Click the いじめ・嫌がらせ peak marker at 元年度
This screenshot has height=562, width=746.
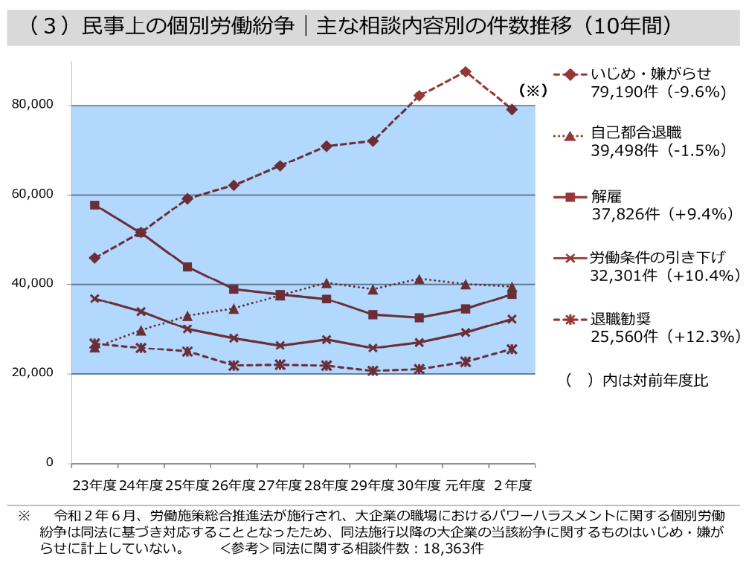466,71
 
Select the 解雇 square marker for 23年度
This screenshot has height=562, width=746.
94,205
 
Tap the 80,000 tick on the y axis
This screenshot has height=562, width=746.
32,105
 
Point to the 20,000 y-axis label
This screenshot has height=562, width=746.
32,373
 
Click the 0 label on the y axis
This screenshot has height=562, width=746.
49,462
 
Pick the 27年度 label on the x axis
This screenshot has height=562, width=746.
280,485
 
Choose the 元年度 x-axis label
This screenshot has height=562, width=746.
466,485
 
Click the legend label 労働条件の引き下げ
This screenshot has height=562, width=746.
657,257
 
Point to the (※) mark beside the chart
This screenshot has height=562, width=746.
533,90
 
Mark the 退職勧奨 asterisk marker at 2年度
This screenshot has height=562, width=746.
512,349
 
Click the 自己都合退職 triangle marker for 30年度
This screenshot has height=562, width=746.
419,280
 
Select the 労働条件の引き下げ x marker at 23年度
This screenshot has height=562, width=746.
94,298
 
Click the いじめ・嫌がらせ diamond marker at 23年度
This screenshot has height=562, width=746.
94,258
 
